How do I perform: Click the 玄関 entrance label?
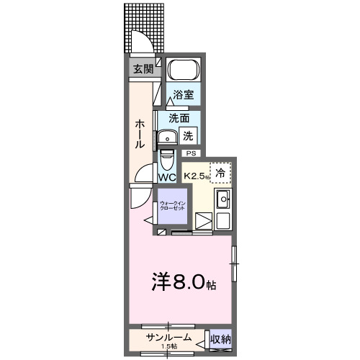(x=143, y=69)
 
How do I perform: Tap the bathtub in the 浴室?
(x=182, y=72)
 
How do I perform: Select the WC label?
(x=167, y=177)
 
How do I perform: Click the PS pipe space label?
(x=191, y=153)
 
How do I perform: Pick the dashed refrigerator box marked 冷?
(x=221, y=173)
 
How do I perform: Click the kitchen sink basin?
(x=222, y=199)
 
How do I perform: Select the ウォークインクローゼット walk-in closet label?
(x=172, y=206)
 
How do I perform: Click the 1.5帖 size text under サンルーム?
(x=170, y=347)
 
